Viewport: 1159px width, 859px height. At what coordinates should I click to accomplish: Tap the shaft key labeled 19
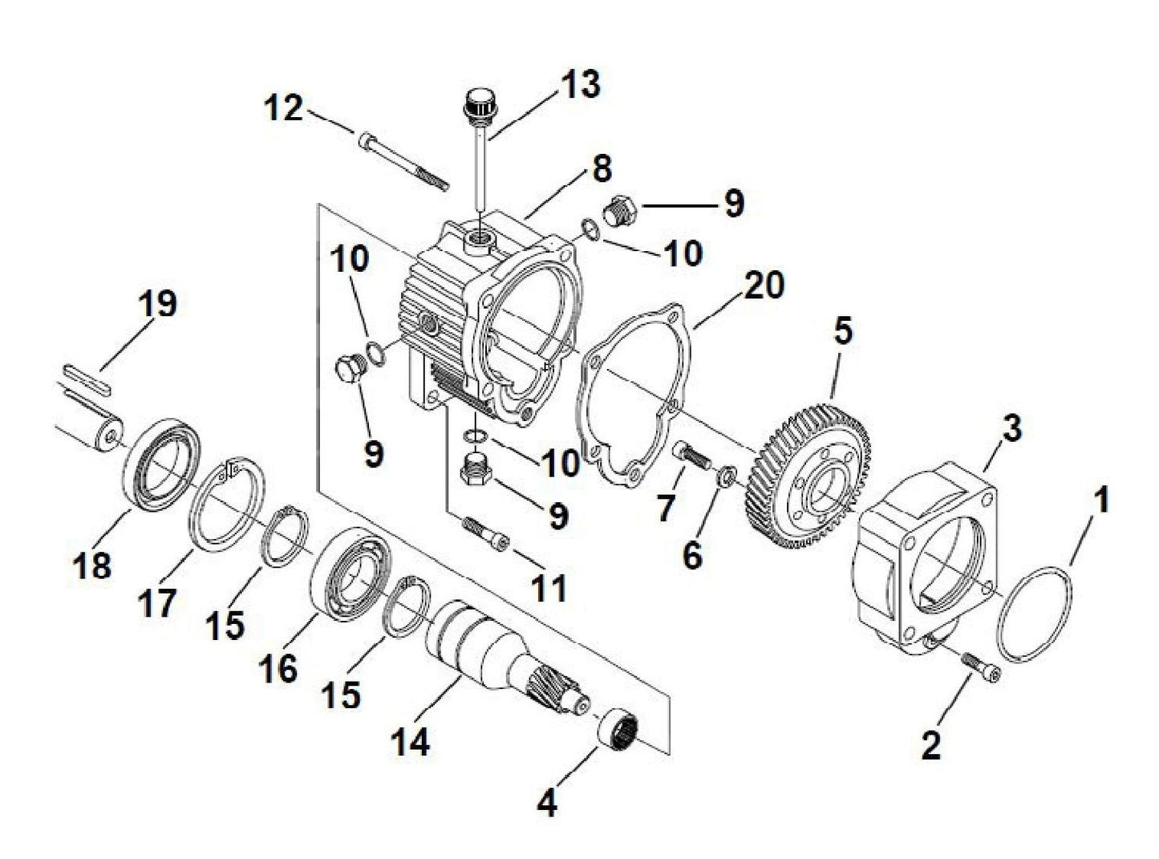coord(84,379)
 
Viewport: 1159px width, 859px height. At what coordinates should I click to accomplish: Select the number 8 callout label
coord(602,169)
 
